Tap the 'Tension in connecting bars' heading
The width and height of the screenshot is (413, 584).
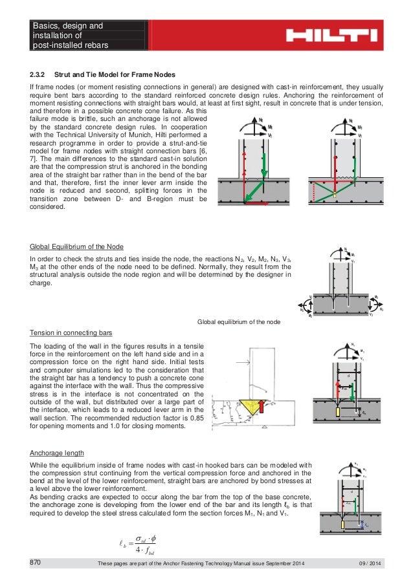pyautogui.click(x=71, y=332)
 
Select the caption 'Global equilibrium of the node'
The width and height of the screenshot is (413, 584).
pyautogui.click(x=238, y=322)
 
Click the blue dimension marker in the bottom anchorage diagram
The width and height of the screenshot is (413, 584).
pyautogui.click(x=366, y=509)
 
